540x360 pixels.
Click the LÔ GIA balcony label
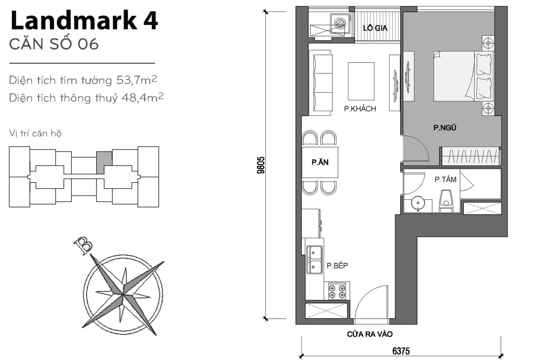coord(375,28)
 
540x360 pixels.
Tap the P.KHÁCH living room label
coord(360,109)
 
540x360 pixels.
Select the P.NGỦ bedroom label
coord(445,128)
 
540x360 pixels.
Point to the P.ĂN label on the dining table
coord(320,162)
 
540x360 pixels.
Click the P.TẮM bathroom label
coord(445,179)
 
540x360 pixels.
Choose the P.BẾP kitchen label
coord(337,265)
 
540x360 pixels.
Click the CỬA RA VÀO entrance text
coord(370,334)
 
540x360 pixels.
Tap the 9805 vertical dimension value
coord(261,165)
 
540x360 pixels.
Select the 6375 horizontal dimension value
coord(401,351)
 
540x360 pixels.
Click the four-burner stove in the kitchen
coord(337,291)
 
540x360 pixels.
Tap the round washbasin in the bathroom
coord(418,203)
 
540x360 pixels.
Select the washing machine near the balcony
coord(339,22)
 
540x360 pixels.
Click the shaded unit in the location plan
coord(103,163)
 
